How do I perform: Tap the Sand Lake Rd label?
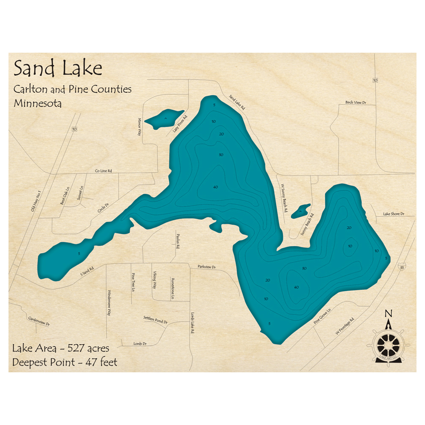click(x=237, y=103)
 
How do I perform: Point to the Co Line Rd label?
click(x=103, y=171)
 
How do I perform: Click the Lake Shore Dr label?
click(x=393, y=214)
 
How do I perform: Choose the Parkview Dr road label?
click(x=207, y=267)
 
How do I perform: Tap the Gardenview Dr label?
click(x=39, y=321)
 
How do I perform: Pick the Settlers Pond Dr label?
click(x=155, y=320)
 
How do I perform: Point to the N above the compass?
click(x=388, y=314)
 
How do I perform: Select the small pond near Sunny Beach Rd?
click(x=301, y=211)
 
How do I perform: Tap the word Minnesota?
click(x=37, y=103)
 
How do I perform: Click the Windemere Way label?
click(x=109, y=302)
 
